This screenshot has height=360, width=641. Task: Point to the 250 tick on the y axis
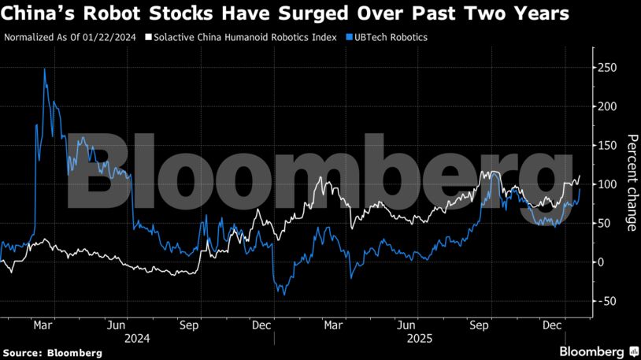coord(605,68)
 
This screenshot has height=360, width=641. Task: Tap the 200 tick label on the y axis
coord(605,106)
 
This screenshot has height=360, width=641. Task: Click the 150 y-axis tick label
coord(605,145)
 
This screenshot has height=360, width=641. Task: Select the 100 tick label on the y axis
coord(605,184)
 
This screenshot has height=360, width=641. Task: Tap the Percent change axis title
coord(631,183)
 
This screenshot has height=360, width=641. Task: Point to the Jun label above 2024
coord(117,324)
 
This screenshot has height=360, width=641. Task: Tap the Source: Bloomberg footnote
coord(52,353)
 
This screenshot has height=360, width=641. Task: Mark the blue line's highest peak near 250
coord(44,69)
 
